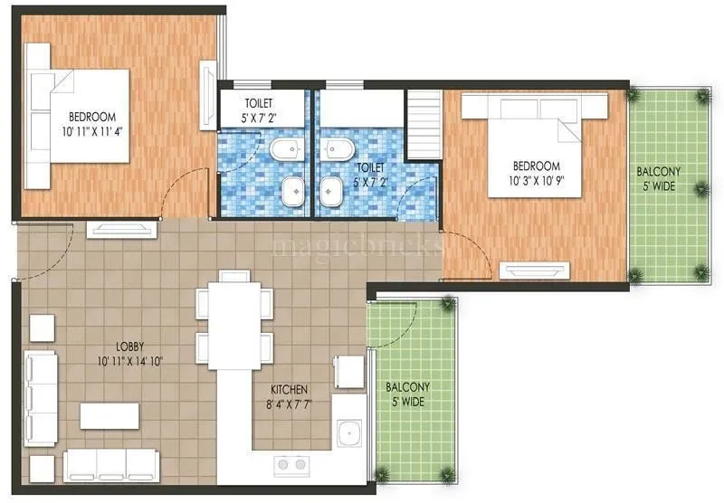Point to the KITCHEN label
291,389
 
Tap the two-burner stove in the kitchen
293,465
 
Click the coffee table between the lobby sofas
110,415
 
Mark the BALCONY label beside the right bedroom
659,171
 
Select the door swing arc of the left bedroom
186,192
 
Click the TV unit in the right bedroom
536,270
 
